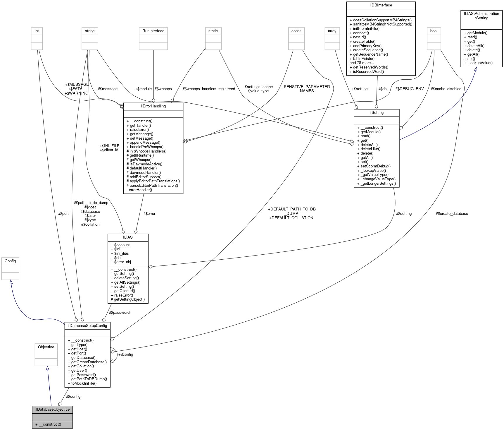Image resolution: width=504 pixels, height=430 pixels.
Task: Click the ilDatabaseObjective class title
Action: point(52,409)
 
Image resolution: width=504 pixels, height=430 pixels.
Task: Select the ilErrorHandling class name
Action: point(153,106)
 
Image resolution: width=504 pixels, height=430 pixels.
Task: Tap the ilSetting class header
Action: point(376,112)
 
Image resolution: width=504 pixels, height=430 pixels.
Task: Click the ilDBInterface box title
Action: point(381,5)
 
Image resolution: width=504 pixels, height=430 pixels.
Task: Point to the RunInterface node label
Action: point(153,31)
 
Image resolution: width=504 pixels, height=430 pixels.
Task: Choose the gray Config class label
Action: point(10,261)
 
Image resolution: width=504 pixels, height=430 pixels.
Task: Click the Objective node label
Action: point(46,347)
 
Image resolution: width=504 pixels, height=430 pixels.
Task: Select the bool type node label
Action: point(434,31)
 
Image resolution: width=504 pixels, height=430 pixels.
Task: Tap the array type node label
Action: point(332,31)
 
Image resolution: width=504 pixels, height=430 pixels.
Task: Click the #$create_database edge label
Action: point(452,213)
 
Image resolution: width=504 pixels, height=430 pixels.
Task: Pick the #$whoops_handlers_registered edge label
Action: point(209,89)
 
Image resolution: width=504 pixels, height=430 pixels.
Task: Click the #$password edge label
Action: point(119,312)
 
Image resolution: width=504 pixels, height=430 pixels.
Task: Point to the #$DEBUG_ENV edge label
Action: point(409,89)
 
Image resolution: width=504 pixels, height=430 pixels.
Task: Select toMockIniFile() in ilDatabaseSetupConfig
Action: point(84,383)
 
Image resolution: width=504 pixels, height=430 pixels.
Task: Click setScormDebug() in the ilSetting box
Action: point(375,166)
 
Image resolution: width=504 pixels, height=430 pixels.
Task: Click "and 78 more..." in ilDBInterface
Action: point(362,63)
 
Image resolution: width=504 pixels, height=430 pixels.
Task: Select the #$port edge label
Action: point(63,213)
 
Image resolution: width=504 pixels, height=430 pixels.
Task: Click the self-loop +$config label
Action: point(126,354)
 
